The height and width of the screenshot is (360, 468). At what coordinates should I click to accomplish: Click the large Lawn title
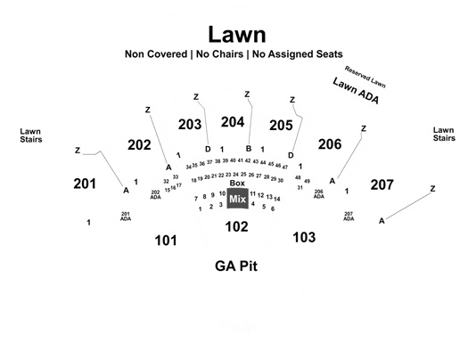237,35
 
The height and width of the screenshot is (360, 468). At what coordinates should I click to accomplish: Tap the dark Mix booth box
238,199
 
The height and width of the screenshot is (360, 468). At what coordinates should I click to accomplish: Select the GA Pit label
236,266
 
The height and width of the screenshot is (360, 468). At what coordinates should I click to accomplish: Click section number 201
85,184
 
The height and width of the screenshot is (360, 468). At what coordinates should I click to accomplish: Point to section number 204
233,122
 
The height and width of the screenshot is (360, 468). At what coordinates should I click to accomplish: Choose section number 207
382,185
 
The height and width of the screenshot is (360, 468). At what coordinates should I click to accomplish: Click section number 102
237,226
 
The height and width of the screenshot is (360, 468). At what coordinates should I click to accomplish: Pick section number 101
166,241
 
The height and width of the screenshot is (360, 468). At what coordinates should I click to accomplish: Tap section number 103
304,237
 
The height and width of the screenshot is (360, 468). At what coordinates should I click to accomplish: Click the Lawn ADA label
356,90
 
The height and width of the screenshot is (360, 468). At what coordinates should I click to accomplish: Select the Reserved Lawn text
365,77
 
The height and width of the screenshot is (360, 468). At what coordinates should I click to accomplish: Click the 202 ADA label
155,195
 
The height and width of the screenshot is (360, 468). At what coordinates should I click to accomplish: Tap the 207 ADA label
349,217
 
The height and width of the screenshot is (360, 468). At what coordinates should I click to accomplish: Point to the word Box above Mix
237,184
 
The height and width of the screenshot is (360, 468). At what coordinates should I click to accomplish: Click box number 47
285,167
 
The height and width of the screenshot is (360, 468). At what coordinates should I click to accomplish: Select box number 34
189,167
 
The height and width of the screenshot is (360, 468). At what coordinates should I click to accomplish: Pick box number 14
277,199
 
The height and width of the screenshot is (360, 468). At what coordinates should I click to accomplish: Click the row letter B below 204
249,149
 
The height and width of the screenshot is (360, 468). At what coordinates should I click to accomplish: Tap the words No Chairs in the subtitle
219,54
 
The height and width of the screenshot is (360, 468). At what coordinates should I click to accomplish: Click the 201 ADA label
126,217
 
